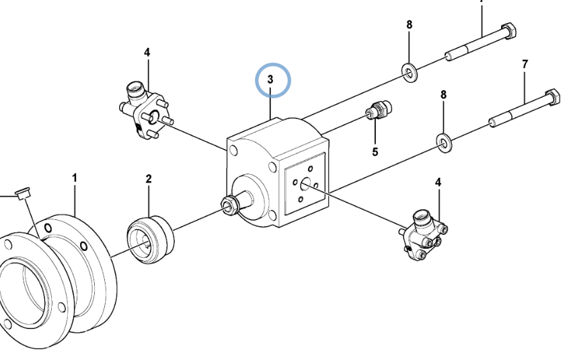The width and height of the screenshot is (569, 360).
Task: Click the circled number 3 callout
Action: click(270, 79)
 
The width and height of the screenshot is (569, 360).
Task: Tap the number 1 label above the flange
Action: click(75, 178)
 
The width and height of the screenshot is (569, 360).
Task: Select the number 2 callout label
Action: click(149, 178)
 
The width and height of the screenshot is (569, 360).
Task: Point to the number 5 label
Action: click(375, 151)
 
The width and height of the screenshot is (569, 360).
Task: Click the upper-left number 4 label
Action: click(147, 52)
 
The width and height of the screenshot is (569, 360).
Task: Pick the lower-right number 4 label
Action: click(438, 182)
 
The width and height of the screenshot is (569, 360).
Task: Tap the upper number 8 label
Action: click(410, 25)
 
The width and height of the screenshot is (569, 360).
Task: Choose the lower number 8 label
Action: click(443, 95)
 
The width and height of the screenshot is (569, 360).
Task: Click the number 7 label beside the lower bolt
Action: click(525, 64)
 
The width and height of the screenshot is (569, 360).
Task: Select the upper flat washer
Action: click(410, 72)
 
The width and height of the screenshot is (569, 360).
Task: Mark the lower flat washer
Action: click(443, 143)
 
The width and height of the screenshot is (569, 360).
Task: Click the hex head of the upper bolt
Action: click(509, 30)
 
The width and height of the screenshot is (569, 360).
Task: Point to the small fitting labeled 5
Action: click(379, 110)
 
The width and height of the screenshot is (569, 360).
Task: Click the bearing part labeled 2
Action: click(150, 240)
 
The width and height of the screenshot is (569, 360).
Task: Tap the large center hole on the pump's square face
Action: click(305, 184)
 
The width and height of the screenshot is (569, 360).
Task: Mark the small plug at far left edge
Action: click(23, 193)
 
